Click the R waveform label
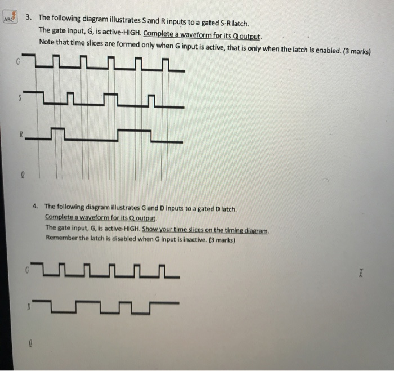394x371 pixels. [x=20, y=135]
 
